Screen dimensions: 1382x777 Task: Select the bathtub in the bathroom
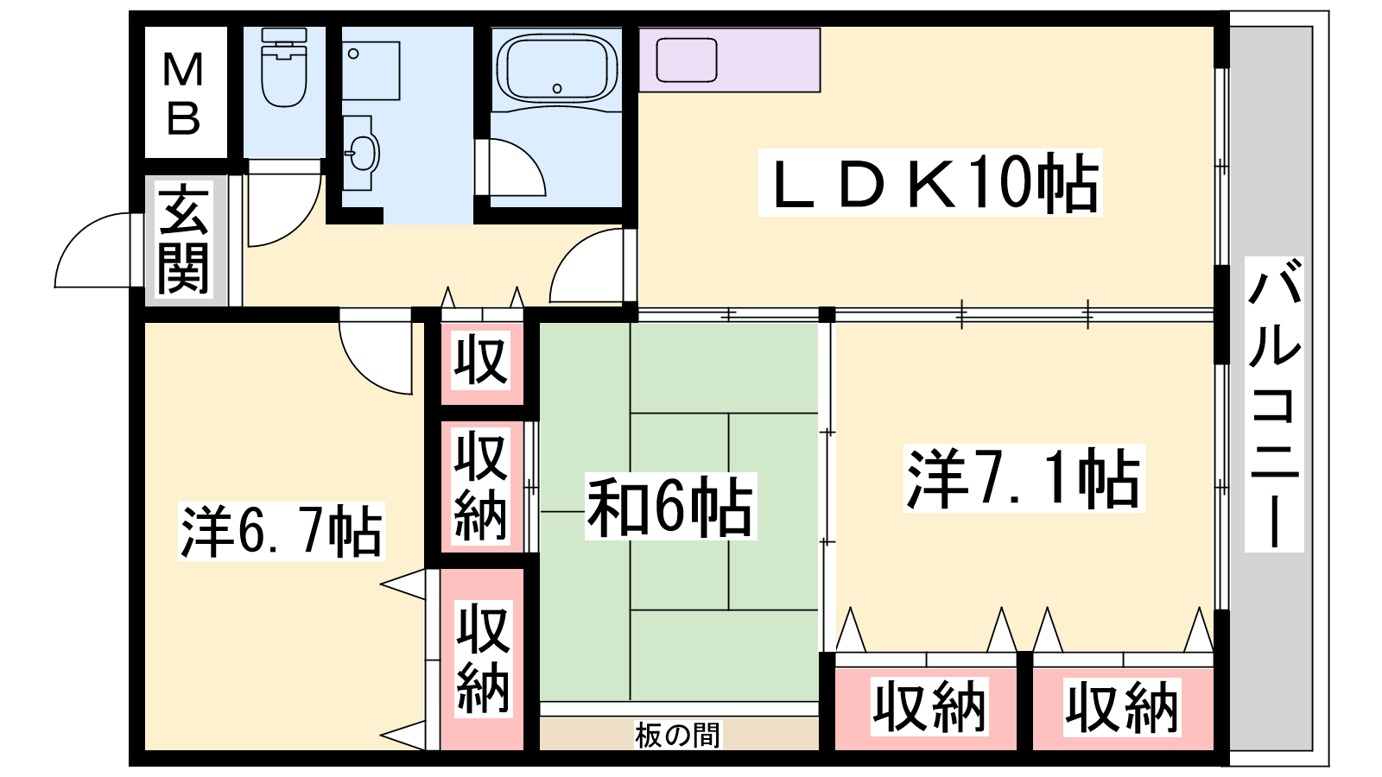[x=556, y=69]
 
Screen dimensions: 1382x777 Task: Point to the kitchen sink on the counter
[x=687, y=60]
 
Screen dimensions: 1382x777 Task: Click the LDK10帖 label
[x=930, y=182]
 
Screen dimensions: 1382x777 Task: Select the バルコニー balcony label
[x=1273, y=404]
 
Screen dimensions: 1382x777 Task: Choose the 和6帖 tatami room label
[x=670, y=507]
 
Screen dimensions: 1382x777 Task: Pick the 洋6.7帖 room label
[x=282, y=531]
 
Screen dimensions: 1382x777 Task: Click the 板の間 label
[x=677, y=735]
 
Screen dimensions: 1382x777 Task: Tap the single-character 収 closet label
[x=480, y=360]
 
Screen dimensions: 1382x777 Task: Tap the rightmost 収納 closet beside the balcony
[x=1123, y=707]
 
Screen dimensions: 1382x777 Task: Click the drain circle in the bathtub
[x=557, y=88]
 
